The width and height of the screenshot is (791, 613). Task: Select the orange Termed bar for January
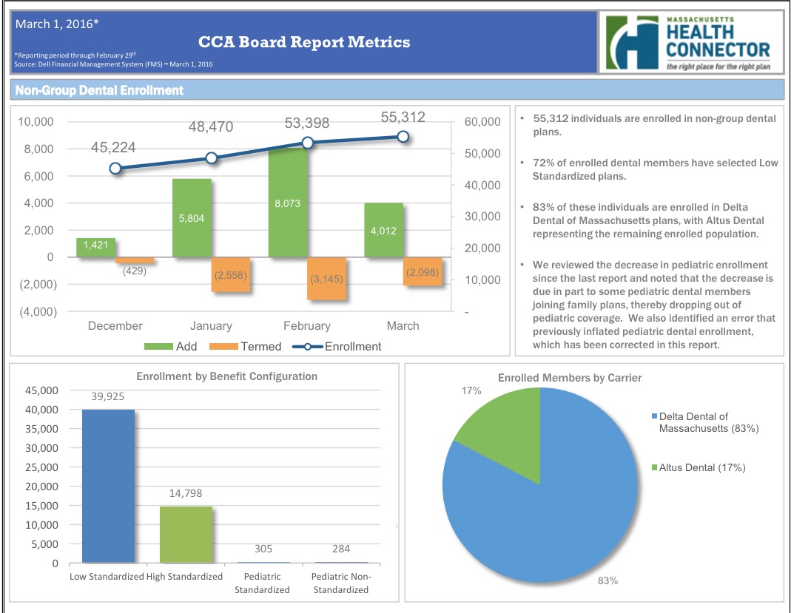[x=231, y=274]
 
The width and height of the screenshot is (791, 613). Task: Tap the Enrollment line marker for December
[x=115, y=169]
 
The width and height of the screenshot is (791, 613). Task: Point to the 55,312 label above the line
[x=403, y=116]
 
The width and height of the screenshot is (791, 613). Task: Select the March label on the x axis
[x=403, y=325]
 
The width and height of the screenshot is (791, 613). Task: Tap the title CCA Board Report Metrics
[x=303, y=42]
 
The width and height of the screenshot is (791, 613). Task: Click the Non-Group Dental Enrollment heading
[x=98, y=90]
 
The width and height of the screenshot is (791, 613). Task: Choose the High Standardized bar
[x=186, y=535]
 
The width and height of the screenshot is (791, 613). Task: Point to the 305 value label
[x=263, y=549]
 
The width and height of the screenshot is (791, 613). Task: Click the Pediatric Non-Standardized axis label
[x=340, y=583]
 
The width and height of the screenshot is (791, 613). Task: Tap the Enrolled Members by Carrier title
[x=570, y=378]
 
